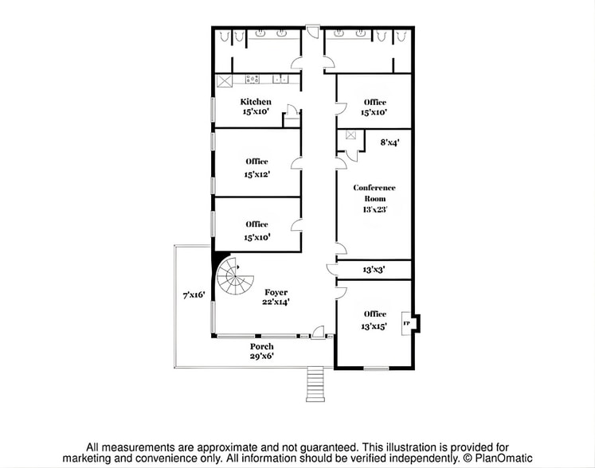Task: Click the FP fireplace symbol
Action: tap(407, 323)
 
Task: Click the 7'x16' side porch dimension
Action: tap(194, 295)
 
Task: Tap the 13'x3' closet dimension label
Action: tap(374, 270)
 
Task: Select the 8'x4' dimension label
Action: tap(389, 142)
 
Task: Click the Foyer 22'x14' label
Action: tap(276, 297)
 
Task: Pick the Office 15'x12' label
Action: tap(256, 167)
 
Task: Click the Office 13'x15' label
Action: tap(374, 320)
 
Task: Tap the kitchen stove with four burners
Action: tap(252, 80)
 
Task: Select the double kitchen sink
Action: tap(280, 79)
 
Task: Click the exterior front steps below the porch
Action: tap(315, 384)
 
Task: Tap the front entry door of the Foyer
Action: tap(317, 333)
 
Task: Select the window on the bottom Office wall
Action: tap(375, 368)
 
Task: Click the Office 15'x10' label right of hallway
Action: tap(374, 107)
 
